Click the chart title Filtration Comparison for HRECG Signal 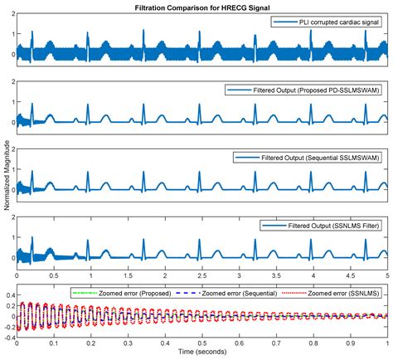201,7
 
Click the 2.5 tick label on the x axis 201,274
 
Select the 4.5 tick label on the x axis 350,274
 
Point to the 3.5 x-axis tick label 276,274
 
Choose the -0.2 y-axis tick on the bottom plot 8,328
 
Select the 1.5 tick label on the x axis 128,274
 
